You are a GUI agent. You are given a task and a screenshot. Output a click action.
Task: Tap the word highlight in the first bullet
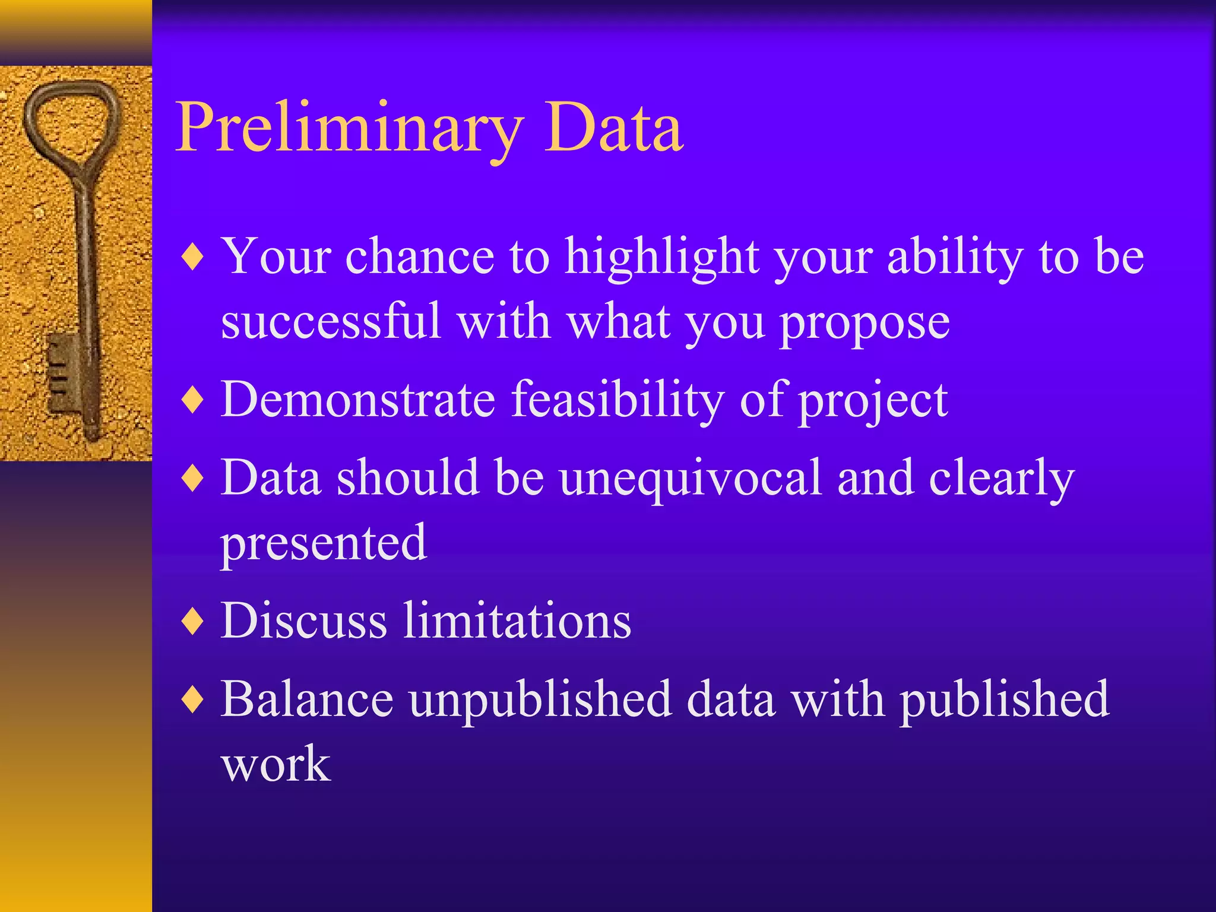tap(662, 258)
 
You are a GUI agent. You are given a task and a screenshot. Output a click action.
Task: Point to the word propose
tap(864, 325)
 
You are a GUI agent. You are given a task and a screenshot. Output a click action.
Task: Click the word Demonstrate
tap(358, 400)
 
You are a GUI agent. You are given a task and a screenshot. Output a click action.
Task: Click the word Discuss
tap(303, 620)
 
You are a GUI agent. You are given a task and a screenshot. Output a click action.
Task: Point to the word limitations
tap(517, 620)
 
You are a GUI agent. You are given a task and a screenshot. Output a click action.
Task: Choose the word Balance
tap(307, 699)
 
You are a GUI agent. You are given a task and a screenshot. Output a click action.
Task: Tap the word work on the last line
tap(275, 764)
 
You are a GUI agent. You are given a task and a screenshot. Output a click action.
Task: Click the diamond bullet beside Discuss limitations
tap(193, 622)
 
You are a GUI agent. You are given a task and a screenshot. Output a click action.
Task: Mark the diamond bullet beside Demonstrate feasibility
tap(193, 400)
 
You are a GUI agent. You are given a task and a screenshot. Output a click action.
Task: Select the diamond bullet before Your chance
tap(193, 257)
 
